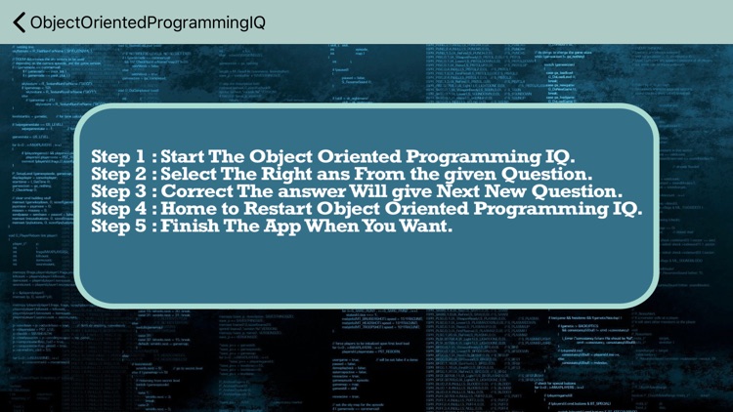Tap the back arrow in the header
(19, 21)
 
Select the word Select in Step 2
(195, 174)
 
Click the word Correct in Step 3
(203, 191)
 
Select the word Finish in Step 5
(194, 227)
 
